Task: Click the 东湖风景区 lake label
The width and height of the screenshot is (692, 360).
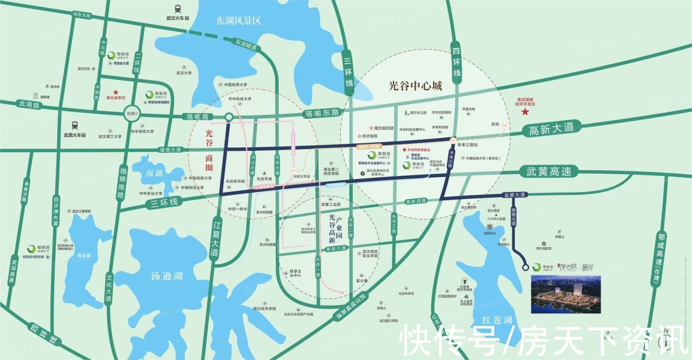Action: (x=238, y=21)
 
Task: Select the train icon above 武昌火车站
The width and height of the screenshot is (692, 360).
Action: (x=75, y=125)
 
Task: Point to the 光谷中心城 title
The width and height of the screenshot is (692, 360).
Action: (x=415, y=86)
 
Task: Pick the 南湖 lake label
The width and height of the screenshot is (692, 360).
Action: (x=154, y=174)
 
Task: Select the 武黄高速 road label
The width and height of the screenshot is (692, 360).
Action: (x=548, y=172)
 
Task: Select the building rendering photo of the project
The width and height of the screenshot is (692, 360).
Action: (x=566, y=295)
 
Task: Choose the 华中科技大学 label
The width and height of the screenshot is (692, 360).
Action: (x=240, y=99)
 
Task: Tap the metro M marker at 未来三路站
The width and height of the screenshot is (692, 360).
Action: (x=453, y=141)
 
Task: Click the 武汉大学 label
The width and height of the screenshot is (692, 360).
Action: (x=183, y=73)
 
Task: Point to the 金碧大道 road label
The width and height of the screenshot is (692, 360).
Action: (x=514, y=195)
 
